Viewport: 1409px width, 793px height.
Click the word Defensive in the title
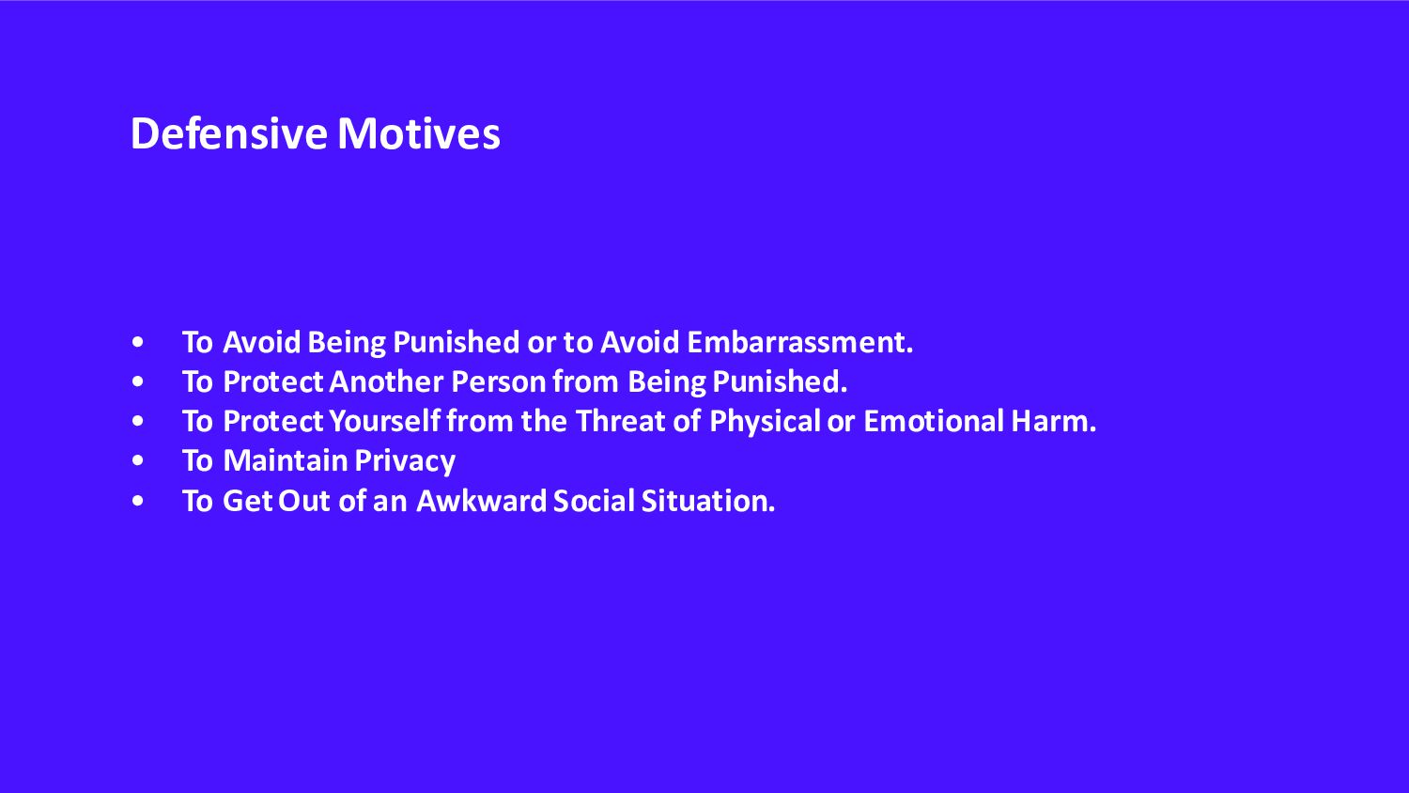pos(229,133)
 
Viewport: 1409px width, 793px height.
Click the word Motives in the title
pos(419,133)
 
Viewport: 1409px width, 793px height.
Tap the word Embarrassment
pos(799,342)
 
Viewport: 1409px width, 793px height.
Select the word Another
pos(386,381)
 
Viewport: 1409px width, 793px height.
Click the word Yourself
pos(384,421)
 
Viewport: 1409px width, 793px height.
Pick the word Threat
pos(620,421)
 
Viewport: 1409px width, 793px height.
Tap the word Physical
pos(765,422)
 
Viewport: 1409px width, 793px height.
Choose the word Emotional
pos(934,421)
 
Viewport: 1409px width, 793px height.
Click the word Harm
pos(1054,421)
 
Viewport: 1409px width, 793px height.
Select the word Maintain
pos(286,460)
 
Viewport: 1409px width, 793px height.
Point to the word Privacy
pos(405,461)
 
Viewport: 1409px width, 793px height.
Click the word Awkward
pos(481,501)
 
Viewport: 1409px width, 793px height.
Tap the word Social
pos(594,501)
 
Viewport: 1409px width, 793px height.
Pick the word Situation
pos(708,501)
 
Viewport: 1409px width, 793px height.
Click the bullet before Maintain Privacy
pos(138,460)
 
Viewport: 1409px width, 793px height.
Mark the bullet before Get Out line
pos(138,501)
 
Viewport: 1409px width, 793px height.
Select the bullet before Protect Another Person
pos(138,381)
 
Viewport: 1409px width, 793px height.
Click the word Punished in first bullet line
pos(456,342)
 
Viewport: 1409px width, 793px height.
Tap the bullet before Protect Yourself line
pos(138,421)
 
